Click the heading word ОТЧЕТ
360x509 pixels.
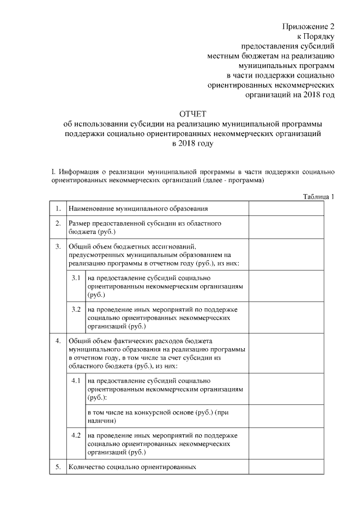(x=193, y=115)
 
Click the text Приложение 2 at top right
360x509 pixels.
(x=308, y=27)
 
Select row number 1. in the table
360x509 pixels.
(x=57, y=209)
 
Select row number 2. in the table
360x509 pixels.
(x=57, y=223)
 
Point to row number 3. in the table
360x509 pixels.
(x=57, y=246)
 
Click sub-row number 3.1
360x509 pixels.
(x=76, y=278)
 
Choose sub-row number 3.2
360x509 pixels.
(x=76, y=310)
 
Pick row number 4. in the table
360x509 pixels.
(x=57, y=341)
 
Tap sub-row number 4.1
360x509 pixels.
(x=76, y=381)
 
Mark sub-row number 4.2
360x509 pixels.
(x=76, y=436)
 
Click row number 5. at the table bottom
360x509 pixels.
(x=57, y=467)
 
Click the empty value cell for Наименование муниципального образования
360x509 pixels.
(x=286, y=209)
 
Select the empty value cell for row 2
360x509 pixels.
(x=286, y=227)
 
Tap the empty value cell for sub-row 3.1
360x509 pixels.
(x=286, y=286)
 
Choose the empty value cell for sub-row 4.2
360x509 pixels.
(x=286, y=444)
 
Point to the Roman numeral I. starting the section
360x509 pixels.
(x=52, y=171)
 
